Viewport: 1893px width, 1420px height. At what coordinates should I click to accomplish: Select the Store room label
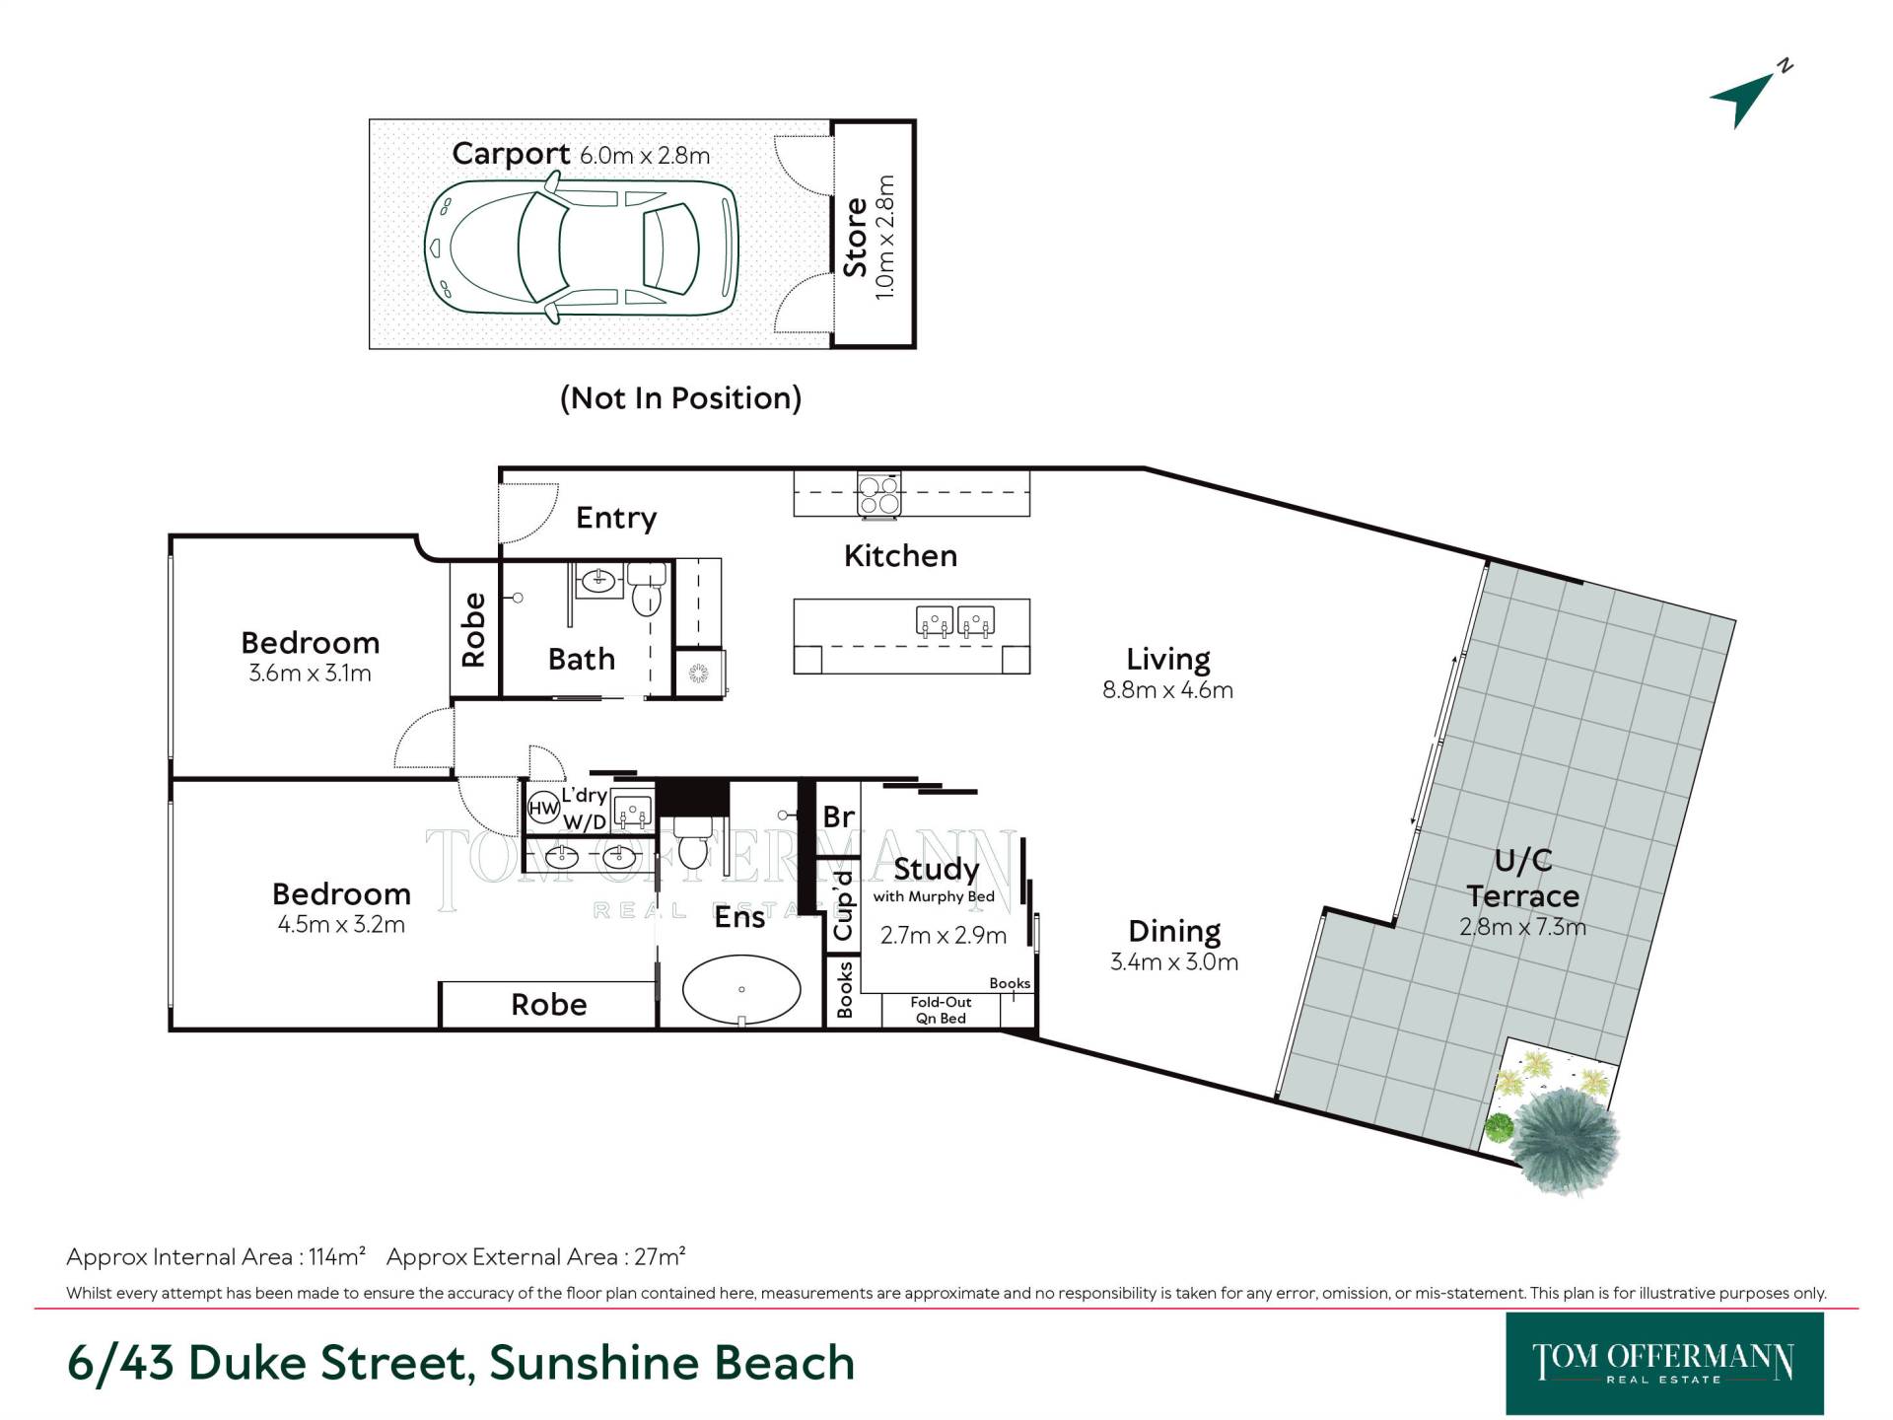pos(855,237)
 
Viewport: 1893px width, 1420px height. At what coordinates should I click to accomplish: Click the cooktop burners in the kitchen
pos(878,494)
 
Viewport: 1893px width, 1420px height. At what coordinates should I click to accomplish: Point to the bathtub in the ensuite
pos(741,989)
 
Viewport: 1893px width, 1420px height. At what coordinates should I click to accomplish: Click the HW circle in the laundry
pos(543,809)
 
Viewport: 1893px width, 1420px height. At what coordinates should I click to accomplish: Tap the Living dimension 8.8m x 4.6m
pos(1167,690)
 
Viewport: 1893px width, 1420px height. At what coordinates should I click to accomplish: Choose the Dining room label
pos(1174,931)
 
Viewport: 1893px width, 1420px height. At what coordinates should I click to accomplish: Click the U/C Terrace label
pos(1523,878)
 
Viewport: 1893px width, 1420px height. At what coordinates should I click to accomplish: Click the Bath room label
pos(582,659)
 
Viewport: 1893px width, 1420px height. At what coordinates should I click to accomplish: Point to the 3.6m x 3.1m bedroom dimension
pos(310,674)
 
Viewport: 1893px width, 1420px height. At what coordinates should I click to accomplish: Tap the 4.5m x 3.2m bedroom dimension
pos(341,925)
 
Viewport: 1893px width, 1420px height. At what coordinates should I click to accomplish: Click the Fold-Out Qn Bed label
pos(941,1010)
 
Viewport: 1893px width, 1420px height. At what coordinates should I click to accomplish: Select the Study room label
pos(937,869)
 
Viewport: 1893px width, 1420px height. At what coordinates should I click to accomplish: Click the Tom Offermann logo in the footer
pos(1664,1364)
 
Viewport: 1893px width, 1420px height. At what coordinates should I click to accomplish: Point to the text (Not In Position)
pos(680,398)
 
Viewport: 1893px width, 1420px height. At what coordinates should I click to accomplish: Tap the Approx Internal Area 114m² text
pos(216,1257)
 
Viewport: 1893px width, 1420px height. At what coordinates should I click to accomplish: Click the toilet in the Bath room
pos(647,589)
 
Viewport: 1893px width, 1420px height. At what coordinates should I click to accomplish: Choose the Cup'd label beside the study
pos(843,906)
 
